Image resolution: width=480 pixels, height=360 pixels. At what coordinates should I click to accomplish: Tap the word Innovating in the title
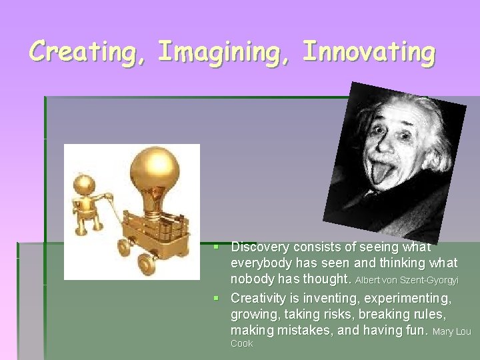tap(369, 51)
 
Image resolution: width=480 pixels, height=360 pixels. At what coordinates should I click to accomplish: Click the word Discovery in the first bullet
tap(259, 247)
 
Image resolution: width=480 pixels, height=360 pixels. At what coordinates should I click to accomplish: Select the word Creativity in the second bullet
tap(259, 298)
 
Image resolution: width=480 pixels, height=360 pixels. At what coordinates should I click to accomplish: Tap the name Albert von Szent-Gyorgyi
tap(407, 280)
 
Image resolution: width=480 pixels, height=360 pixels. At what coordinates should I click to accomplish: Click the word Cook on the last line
tap(241, 344)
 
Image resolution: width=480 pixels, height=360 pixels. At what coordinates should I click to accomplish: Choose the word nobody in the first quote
tap(252, 279)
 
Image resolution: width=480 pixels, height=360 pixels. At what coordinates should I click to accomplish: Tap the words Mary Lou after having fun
tap(452, 331)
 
